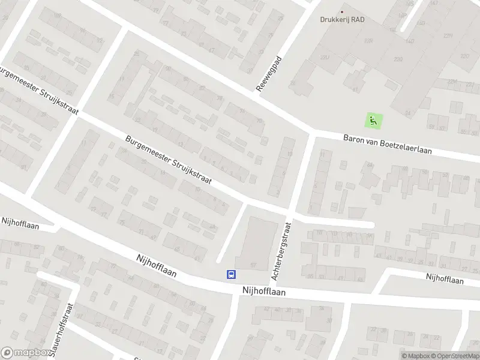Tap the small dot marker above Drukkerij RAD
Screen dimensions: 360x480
[x=343, y=11]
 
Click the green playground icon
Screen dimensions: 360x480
[x=373, y=120]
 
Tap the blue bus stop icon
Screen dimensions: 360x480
[x=230, y=274]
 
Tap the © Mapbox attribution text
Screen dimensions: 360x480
[x=416, y=356]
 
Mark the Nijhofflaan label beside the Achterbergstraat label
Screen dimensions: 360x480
[x=264, y=290]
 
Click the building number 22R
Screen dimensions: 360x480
[x=368, y=41]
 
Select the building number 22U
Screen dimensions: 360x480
[x=325, y=58]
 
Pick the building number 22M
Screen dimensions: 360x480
[x=452, y=82]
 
